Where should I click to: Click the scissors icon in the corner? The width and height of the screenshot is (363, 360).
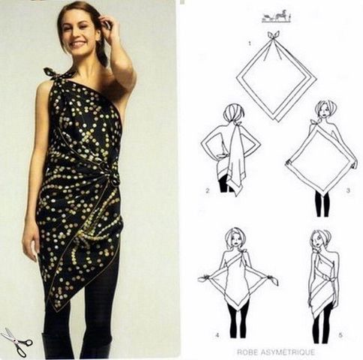tap(16, 341)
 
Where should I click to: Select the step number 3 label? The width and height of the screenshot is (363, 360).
tap(349, 190)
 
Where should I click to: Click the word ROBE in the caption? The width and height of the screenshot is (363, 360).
tap(251, 352)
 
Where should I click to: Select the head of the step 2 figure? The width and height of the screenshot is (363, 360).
tap(235, 114)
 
